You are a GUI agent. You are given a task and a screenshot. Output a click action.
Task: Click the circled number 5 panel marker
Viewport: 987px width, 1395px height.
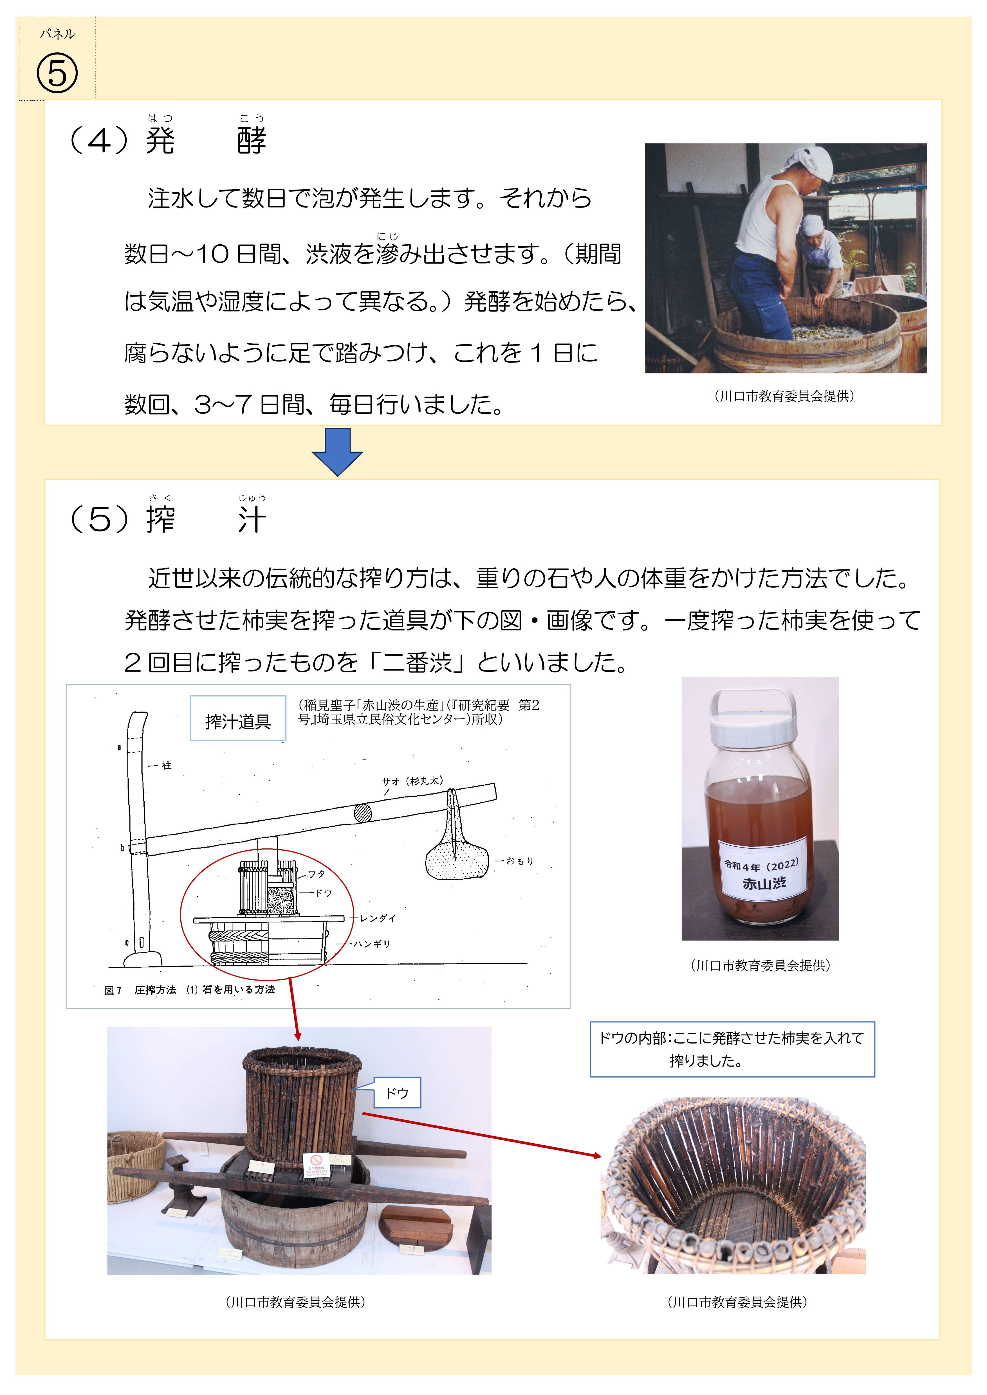(x=57, y=73)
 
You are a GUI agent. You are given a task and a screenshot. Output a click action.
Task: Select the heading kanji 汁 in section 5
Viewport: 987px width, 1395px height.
(x=252, y=520)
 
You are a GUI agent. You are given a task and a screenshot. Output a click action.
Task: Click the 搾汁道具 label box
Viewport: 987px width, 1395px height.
(x=238, y=721)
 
